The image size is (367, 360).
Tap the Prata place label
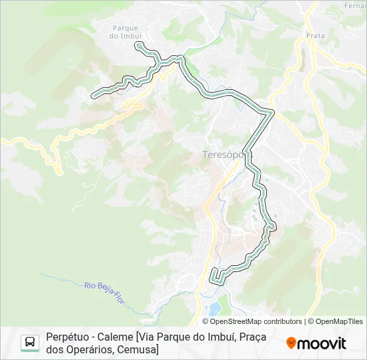pos(315,35)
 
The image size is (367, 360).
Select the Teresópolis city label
pos(227,155)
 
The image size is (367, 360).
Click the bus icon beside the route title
pos(30,343)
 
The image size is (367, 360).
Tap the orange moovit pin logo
pos(291,343)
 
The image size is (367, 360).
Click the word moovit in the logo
pos(322,343)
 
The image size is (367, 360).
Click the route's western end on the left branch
pos(94,95)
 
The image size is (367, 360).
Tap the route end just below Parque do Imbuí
pos(138,45)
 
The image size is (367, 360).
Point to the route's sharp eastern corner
pos(272,112)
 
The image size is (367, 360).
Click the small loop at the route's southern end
pos(215,277)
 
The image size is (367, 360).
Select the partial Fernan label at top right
pos(355,5)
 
